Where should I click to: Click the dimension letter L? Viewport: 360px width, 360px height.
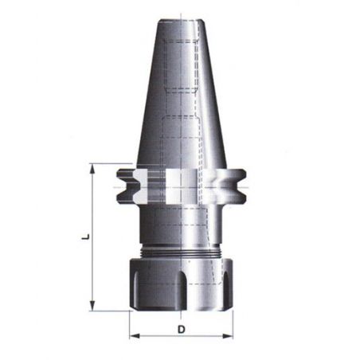[x=86, y=237]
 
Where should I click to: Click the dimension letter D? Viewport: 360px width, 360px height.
[x=181, y=330]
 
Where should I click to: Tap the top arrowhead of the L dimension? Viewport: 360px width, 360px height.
[x=92, y=169]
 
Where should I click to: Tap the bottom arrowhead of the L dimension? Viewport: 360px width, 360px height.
[x=92, y=306]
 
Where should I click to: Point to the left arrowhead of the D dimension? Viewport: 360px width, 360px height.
[x=135, y=336]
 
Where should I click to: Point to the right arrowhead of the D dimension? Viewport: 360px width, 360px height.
[x=228, y=336]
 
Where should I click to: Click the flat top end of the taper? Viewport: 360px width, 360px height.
[x=181, y=21]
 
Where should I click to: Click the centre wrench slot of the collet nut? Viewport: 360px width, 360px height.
[x=182, y=290]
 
